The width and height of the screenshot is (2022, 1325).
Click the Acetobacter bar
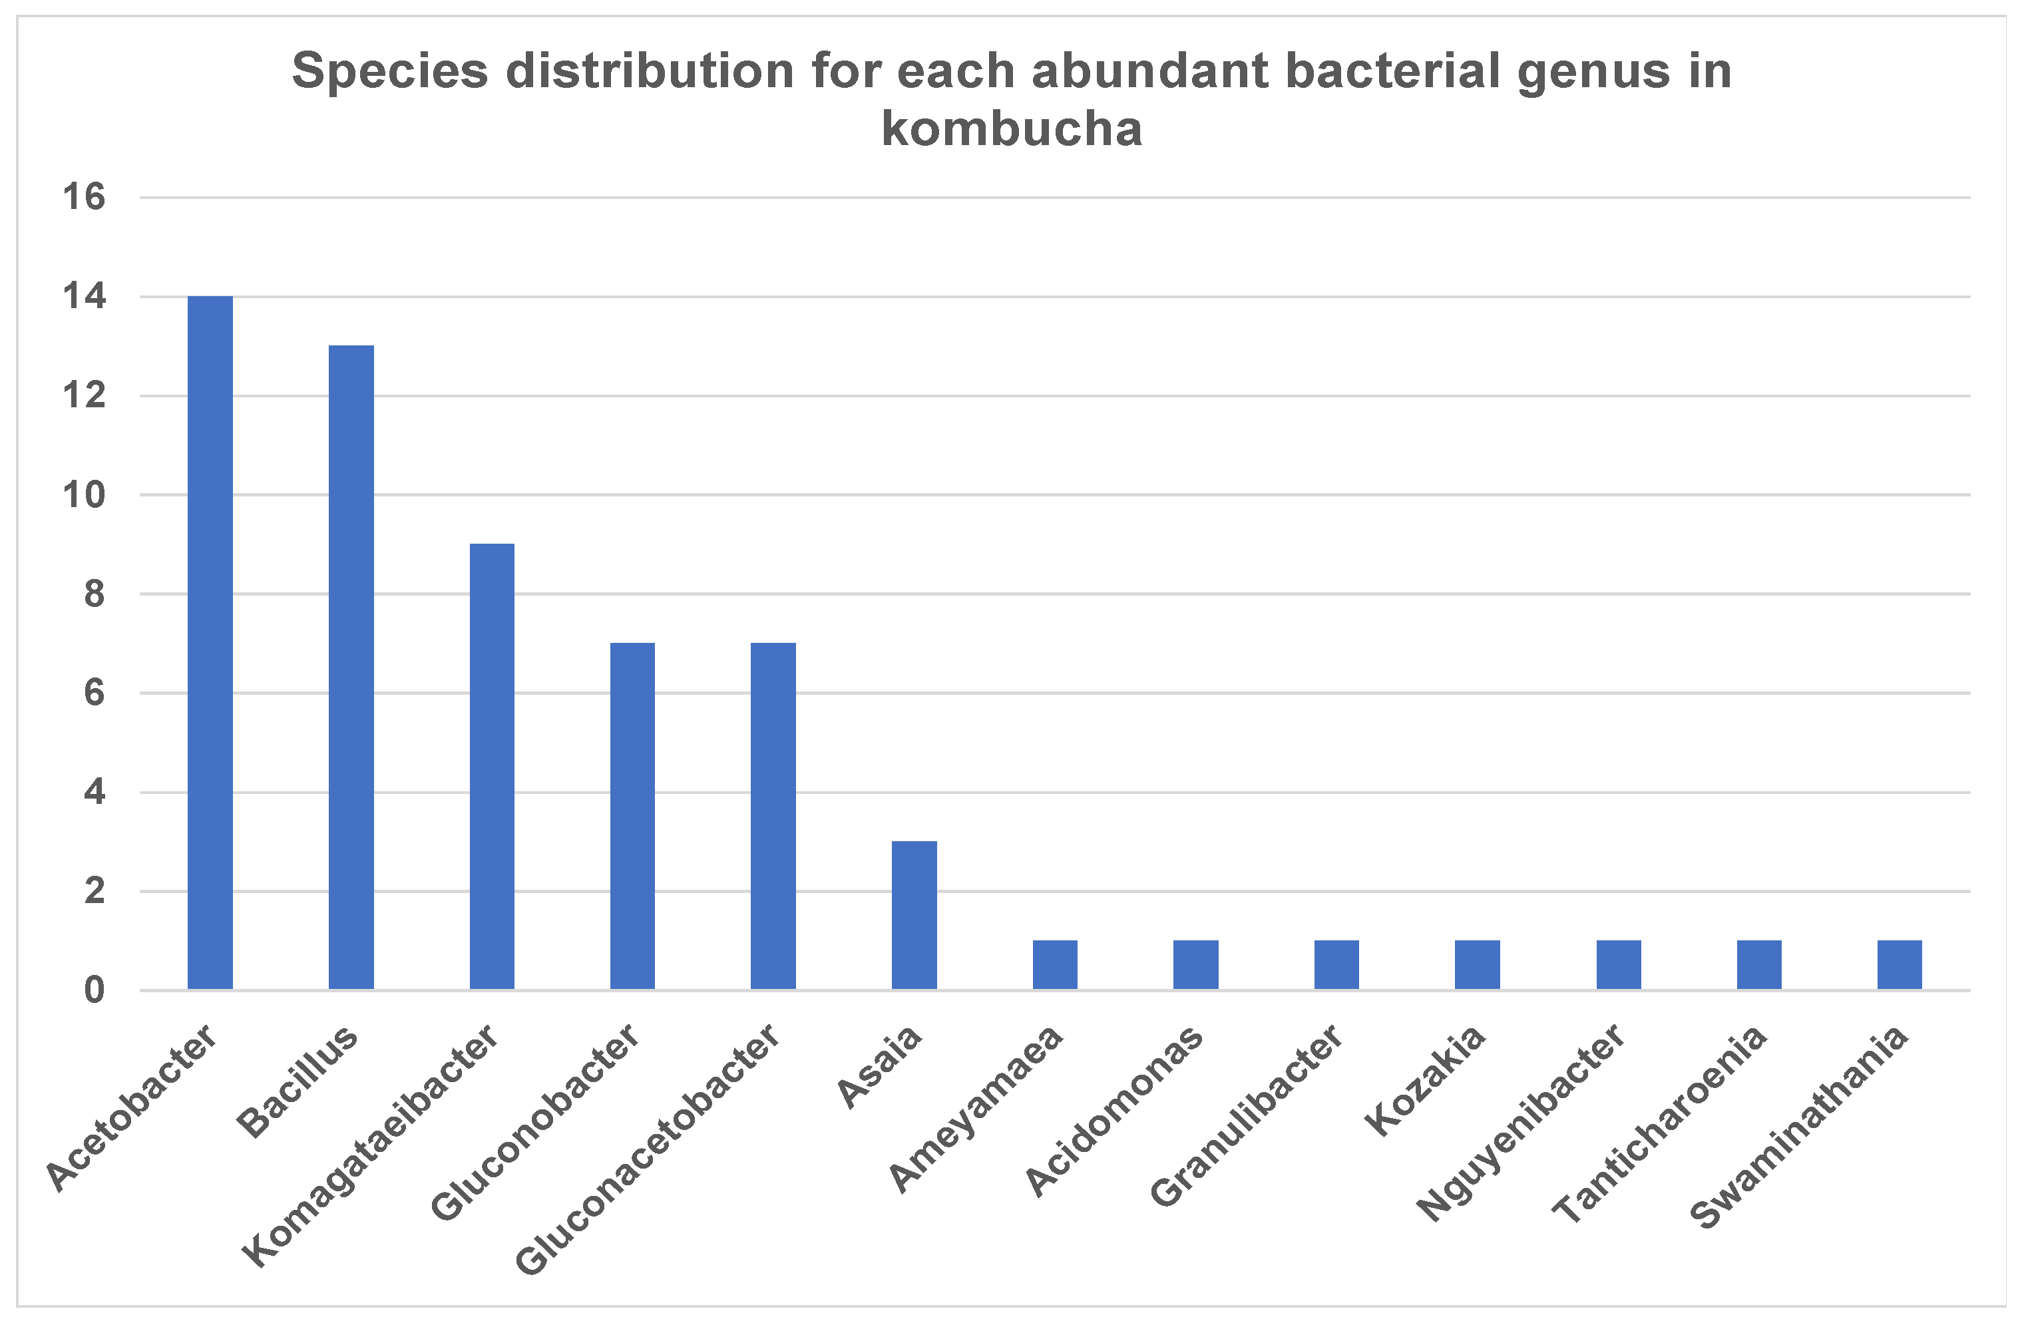tap(210, 643)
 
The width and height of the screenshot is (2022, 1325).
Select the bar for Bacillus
tap(351, 667)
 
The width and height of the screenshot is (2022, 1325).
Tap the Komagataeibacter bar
tap(492, 766)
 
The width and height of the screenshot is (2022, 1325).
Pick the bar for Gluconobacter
tap(632, 817)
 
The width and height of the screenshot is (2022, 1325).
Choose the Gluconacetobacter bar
tap(773, 817)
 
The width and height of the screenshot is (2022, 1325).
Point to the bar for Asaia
tap(914, 916)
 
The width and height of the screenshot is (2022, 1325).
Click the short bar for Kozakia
tap(1478, 965)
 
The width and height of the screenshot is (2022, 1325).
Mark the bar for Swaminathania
tap(1900, 965)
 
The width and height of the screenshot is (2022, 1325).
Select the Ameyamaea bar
tap(1055, 965)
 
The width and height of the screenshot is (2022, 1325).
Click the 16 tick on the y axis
tap(84, 197)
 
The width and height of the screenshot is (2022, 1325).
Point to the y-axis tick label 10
tap(84, 494)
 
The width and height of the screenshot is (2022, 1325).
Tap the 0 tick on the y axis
tap(95, 990)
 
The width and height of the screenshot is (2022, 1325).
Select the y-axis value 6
tap(95, 693)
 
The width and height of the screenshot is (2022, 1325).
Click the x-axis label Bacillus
tap(298, 1080)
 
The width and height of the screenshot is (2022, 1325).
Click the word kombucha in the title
tap(1011, 129)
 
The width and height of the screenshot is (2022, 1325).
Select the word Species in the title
tap(390, 71)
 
